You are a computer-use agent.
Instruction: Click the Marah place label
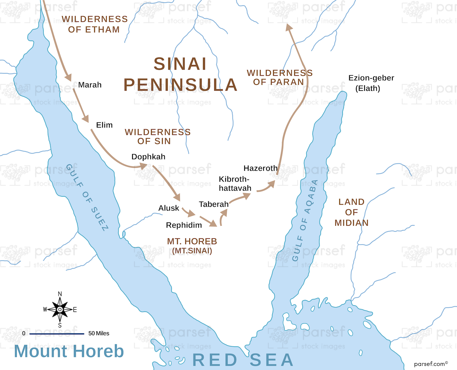90,85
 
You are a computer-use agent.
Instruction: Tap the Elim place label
104,125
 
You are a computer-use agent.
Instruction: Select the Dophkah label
148,157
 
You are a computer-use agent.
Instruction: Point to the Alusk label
169,208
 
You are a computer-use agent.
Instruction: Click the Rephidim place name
184,225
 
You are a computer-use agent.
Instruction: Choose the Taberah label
214,204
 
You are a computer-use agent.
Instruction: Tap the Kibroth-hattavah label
235,184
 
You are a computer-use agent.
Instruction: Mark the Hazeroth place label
260,168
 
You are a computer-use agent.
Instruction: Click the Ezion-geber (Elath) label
371,83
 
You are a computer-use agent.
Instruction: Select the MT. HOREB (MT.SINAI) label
192,246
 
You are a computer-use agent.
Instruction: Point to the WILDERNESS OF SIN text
157,137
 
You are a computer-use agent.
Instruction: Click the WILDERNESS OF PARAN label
280,77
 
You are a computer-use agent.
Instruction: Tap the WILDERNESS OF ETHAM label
95,24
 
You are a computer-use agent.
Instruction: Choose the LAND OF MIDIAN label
351,212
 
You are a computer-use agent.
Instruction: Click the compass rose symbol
60,309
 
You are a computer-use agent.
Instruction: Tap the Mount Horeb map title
69,351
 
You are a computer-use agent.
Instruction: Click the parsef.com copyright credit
431,364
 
